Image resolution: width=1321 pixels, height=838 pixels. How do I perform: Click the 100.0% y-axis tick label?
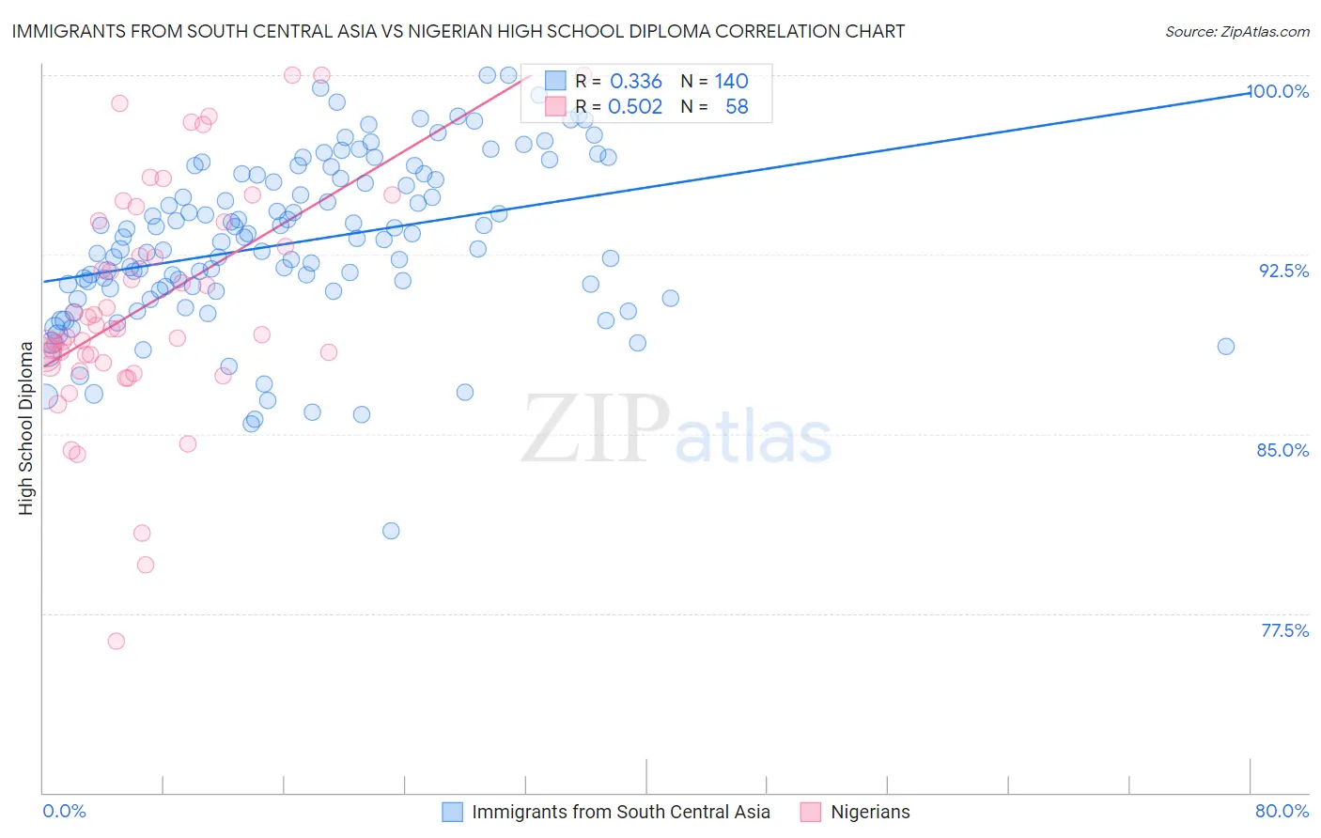(x=1278, y=91)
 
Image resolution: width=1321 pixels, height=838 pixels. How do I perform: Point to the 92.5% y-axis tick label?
(x=1283, y=271)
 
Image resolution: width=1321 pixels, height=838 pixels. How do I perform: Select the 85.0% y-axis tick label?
(x=1282, y=450)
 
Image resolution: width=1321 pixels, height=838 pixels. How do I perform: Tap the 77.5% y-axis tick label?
(x=1284, y=630)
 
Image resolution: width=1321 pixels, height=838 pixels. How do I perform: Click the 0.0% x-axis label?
(x=64, y=811)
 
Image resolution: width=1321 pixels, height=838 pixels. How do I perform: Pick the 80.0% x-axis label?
(x=1282, y=811)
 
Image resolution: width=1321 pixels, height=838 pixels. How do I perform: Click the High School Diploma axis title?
(x=26, y=427)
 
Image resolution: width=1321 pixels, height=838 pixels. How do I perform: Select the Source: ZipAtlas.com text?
(x=1236, y=32)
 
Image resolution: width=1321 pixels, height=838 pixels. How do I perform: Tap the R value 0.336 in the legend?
(x=636, y=82)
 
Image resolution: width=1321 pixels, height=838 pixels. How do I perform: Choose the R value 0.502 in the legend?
(x=635, y=107)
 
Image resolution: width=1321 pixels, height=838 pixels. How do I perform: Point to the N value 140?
(x=731, y=82)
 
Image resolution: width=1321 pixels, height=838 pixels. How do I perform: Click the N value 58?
(x=737, y=107)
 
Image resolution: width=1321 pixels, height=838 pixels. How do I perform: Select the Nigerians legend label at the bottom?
(x=870, y=812)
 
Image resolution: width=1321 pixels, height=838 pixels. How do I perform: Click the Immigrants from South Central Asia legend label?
(x=620, y=812)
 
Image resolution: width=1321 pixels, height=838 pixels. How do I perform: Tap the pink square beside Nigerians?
(x=810, y=812)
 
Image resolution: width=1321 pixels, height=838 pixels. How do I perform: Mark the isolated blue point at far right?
(x=1225, y=347)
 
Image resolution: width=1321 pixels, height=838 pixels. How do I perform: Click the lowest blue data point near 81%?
(x=391, y=531)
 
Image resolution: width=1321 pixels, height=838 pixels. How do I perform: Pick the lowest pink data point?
(x=117, y=641)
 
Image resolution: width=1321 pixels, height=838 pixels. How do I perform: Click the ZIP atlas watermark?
(x=676, y=430)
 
